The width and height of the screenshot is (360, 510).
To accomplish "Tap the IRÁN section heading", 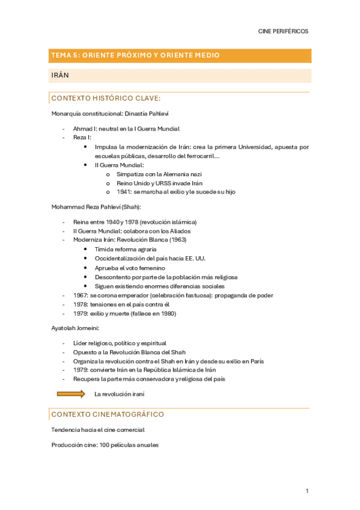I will coord(61,75).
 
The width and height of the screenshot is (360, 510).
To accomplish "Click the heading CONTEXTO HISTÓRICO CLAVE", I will coord(106,98).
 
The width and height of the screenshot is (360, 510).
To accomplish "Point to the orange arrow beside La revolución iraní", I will coord(71,394).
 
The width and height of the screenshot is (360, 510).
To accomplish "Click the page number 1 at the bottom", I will coord(307,491).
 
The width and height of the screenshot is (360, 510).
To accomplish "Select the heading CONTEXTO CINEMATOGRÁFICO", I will coord(108,414).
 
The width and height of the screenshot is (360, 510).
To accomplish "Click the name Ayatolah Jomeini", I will coord(75,328).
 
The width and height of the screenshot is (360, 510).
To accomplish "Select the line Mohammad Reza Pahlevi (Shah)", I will coord(96,207).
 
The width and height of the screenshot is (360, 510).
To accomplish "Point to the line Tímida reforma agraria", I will coord(126,249).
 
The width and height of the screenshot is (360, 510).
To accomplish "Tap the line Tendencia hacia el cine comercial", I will coord(98,430).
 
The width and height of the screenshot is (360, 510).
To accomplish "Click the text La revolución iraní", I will coord(119,395).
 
